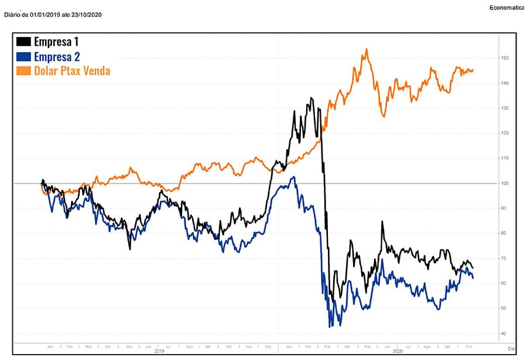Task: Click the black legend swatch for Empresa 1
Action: pos(24,42)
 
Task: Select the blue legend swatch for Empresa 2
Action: pos(24,56)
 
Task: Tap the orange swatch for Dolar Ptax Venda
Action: pos(24,71)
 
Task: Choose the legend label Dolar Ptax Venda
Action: pos(72,71)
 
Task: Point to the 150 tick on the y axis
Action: pos(505,59)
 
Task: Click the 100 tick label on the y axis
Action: pos(505,184)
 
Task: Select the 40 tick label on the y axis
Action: pos(504,334)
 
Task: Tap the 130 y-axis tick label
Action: pos(505,109)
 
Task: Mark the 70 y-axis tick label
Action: pos(504,259)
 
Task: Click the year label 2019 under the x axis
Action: pos(159,352)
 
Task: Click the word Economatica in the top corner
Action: pos(508,7)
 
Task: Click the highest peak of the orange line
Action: pos(366,49)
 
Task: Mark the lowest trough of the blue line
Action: pos(331,326)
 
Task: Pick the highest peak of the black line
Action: pos(312,98)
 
